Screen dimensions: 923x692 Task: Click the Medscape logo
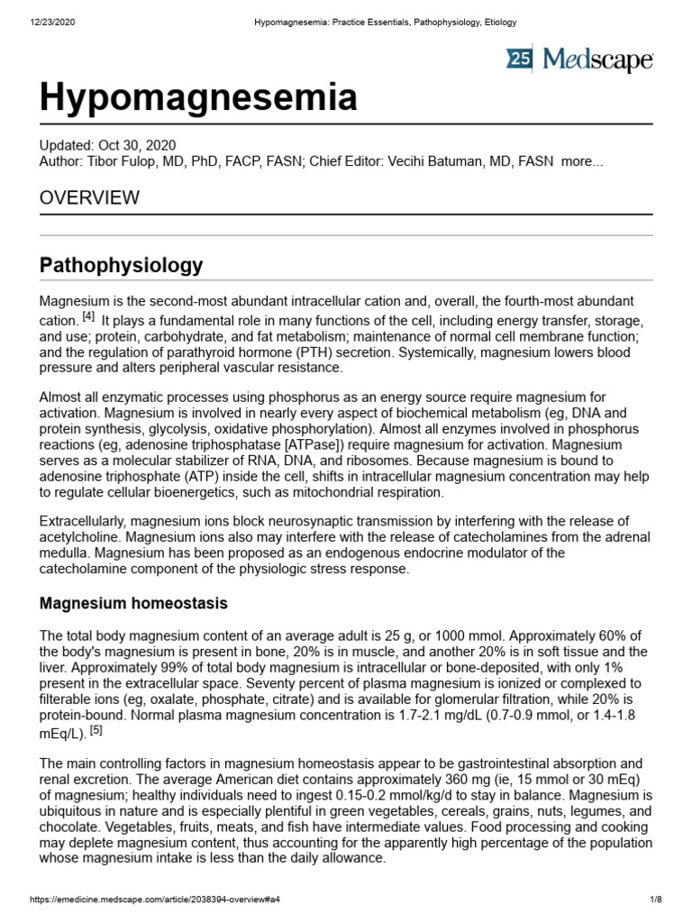[580, 60]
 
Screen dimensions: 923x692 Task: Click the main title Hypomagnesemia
[198, 96]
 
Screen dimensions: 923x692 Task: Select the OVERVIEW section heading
[89, 197]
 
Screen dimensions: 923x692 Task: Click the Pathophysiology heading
[122, 266]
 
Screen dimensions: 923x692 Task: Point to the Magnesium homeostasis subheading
[133, 603]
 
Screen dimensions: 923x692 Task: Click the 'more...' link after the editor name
[581, 161]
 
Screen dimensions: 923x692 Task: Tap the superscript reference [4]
[88, 317]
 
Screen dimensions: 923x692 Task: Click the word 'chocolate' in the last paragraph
[73, 826]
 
